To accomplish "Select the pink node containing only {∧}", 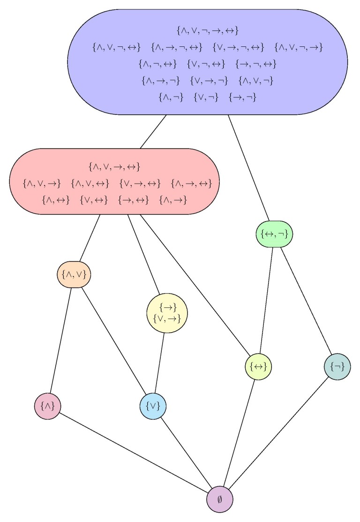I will point(48,406).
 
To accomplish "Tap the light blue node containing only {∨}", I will point(153,406).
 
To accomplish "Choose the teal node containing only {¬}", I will point(337,366).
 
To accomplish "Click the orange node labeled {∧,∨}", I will point(74,275).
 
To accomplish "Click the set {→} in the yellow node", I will point(167,308).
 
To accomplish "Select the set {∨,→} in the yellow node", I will point(167,319).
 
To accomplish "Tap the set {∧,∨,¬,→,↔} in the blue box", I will point(208,31).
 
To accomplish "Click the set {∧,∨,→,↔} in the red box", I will point(114,167).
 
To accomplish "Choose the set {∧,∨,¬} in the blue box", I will point(256,81).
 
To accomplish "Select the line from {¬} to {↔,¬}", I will point(307,299).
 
